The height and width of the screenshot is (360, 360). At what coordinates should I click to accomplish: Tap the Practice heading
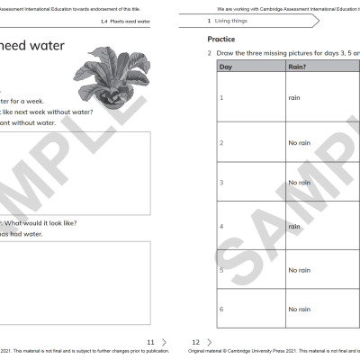coord(221,40)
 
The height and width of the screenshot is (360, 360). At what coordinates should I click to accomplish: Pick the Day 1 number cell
coord(221,97)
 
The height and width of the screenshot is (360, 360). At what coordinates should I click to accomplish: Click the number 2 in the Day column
coord(221,143)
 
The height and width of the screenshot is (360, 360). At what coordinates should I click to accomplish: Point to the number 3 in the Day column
coord(221,183)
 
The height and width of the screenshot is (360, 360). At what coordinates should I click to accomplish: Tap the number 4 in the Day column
coord(221,227)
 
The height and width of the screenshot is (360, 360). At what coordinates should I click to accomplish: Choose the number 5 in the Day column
coord(221,270)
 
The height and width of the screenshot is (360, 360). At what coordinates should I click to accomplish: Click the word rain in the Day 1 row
coord(294,97)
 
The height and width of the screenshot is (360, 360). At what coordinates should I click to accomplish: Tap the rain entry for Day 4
coord(294,227)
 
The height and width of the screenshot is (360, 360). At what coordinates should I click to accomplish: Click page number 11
coord(150,342)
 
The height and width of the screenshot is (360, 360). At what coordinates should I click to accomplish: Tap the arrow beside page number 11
coord(164,342)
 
